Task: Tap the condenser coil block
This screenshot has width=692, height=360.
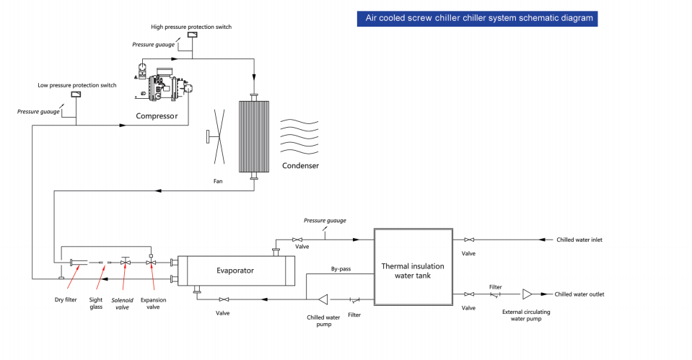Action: [254, 137]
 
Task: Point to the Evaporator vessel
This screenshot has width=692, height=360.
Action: [233, 270]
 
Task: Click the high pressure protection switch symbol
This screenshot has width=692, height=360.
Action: [193, 35]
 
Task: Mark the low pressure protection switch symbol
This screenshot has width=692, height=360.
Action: [76, 94]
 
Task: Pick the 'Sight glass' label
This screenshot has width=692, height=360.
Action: [96, 303]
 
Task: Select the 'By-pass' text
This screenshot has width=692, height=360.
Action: [341, 269]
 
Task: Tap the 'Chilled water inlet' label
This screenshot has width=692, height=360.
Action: [579, 240]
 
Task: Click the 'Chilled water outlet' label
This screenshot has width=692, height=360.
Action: [579, 294]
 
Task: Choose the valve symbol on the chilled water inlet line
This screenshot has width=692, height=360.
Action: [469, 240]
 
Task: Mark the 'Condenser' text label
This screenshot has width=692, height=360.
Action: [300, 166]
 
